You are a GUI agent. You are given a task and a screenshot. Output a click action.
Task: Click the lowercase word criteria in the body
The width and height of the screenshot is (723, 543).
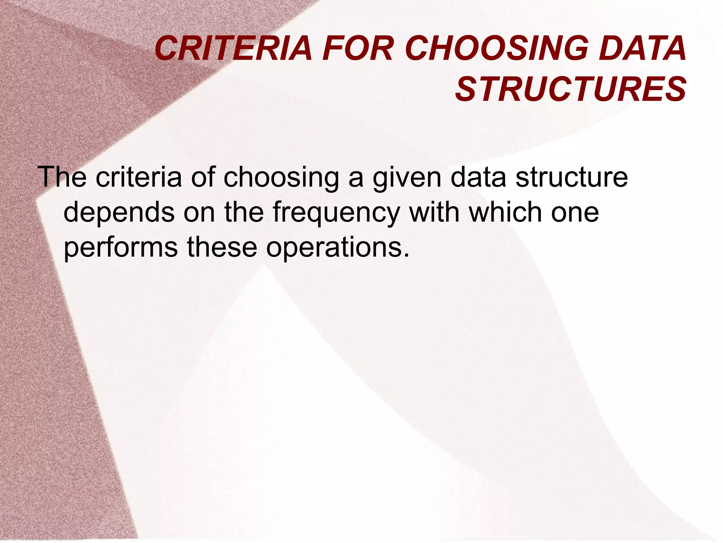coord(139,177)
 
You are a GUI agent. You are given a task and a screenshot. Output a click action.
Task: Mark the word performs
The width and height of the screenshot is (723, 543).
coord(121,247)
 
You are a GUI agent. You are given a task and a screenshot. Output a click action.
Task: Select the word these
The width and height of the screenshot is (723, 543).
coord(222,247)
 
